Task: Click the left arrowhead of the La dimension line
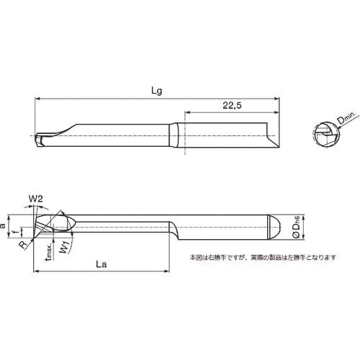pyautogui.click(x=36, y=271)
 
